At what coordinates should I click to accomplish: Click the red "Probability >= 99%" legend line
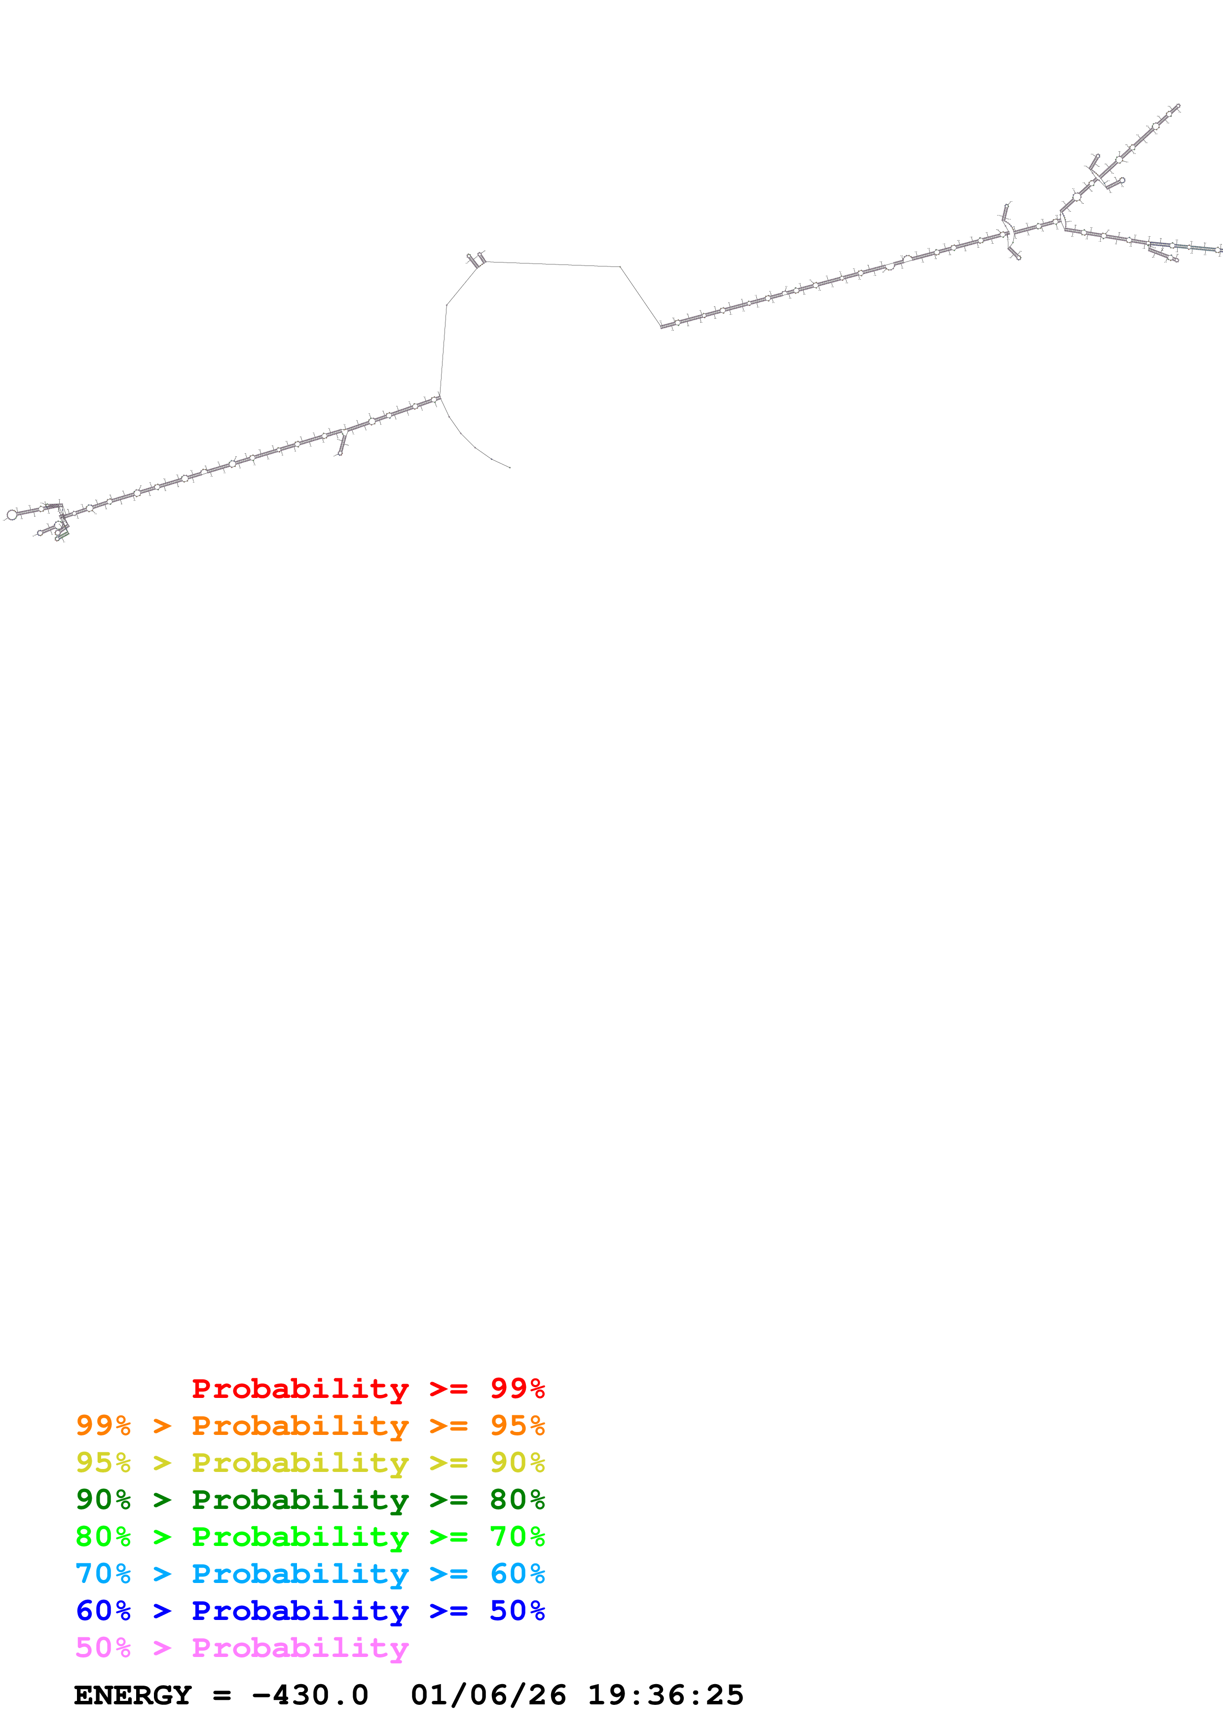(368, 1388)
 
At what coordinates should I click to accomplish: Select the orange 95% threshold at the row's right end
(517, 1426)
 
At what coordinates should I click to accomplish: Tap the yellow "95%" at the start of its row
(103, 1463)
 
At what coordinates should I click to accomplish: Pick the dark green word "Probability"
(300, 1500)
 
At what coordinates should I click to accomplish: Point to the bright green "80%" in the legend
(103, 1537)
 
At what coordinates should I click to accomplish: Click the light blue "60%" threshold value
(517, 1574)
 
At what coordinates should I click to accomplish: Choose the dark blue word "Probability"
(300, 1611)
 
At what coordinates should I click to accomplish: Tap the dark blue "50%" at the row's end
(517, 1611)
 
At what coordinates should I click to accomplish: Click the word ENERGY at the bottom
(133, 1695)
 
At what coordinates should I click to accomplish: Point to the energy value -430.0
(310, 1695)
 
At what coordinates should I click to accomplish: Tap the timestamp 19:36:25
(666, 1695)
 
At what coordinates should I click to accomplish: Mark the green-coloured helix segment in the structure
(63, 534)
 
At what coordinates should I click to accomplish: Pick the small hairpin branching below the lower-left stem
(341, 445)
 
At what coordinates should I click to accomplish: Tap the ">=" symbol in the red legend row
(448, 1388)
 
